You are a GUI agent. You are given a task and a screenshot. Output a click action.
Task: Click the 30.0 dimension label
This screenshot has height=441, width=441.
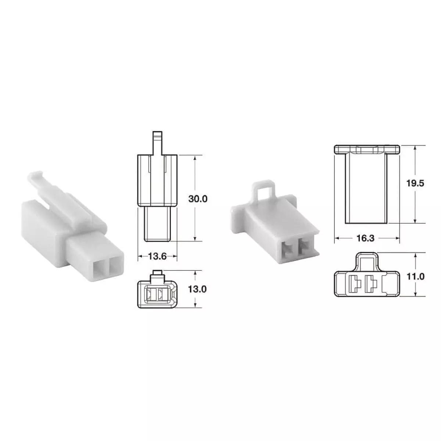tap(198, 199)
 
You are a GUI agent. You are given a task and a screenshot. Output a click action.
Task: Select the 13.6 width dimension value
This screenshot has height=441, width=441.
tap(157, 256)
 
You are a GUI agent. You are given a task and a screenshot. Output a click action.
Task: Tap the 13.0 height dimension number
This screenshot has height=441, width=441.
tap(197, 289)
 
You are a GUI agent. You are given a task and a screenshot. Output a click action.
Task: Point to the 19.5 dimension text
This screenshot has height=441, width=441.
tap(415, 183)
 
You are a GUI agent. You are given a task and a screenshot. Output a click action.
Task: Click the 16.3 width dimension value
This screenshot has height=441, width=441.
tap(365, 238)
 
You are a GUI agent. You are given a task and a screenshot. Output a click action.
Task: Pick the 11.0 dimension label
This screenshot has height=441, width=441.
tap(416, 277)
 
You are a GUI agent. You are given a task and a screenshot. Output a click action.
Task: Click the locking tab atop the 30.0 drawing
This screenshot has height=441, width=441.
tap(157, 143)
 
